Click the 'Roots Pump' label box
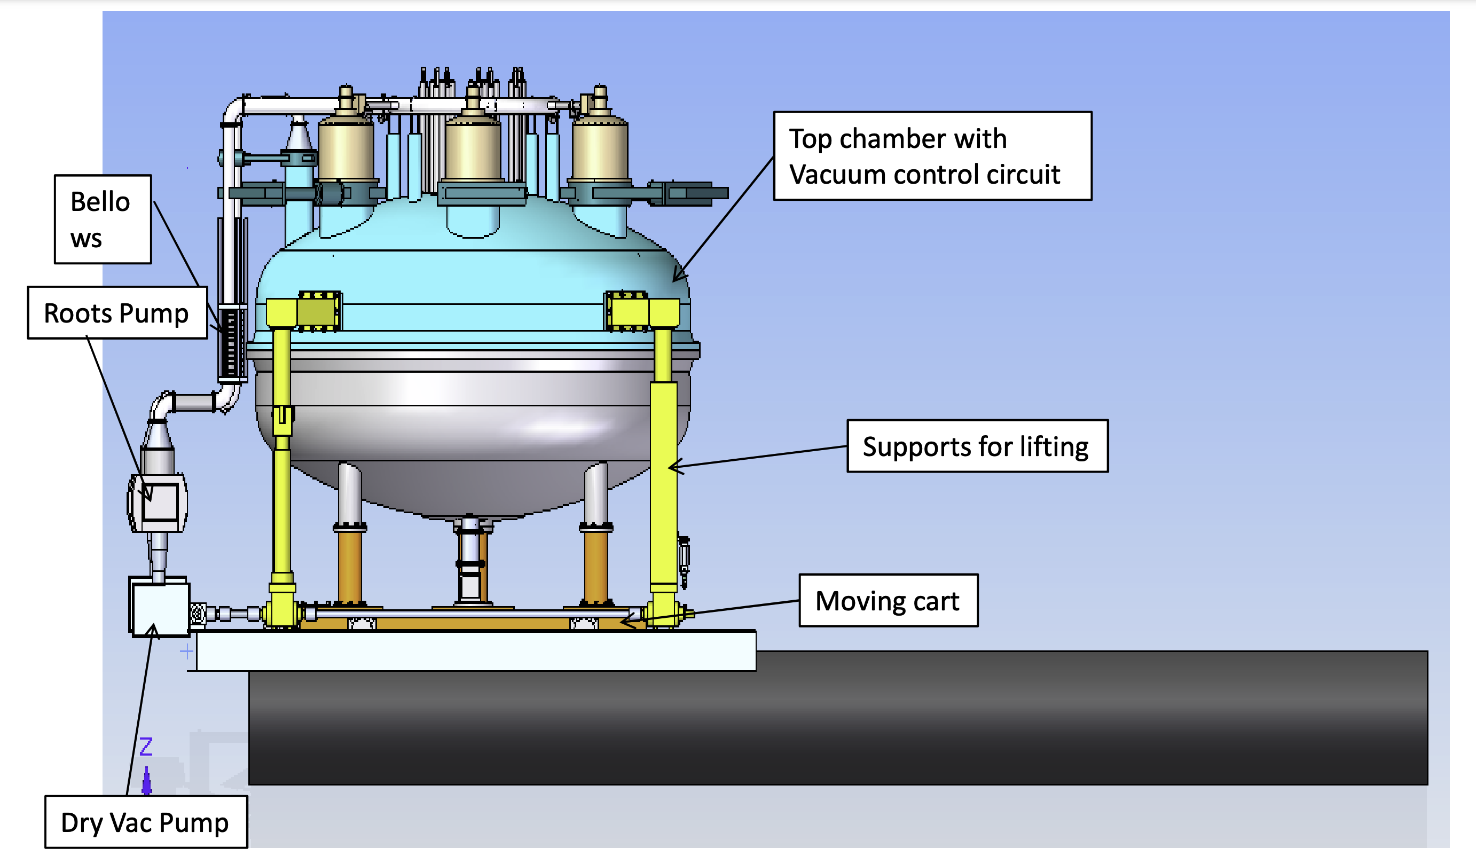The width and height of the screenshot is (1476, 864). click(x=117, y=313)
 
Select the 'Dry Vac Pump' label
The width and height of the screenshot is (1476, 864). click(x=146, y=822)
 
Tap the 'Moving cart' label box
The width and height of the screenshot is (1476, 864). click(x=888, y=601)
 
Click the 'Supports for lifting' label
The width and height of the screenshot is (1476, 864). click(x=977, y=446)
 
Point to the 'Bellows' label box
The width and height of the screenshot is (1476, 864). click(x=103, y=219)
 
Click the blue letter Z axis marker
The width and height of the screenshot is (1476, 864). click(x=146, y=747)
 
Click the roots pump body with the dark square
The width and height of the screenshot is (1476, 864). click(x=159, y=502)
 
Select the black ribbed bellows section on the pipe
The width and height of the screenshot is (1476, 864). click(x=231, y=343)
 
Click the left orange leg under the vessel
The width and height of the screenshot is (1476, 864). click(x=350, y=565)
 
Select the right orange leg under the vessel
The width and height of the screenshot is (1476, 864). click(x=595, y=565)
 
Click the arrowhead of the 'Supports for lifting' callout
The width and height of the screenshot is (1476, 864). click(x=671, y=467)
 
